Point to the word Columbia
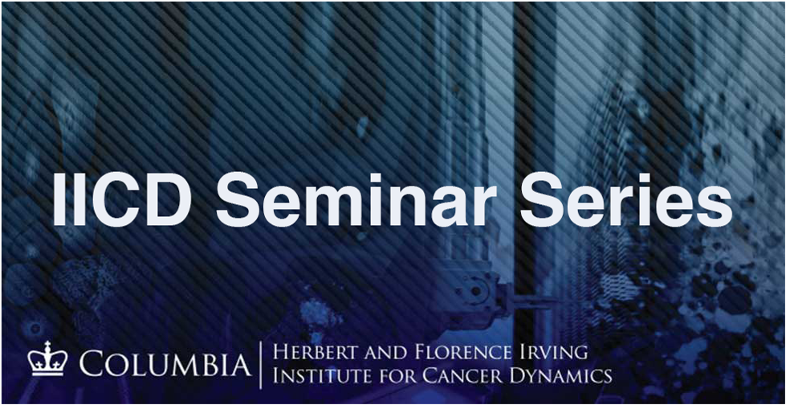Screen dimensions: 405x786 pyautogui.click(x=164, y=364)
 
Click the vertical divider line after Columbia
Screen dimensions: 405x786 pyautogui.click(x=261, y=363)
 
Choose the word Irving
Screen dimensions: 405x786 pyautogui.click(x=555, y=352)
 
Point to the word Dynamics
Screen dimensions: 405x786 pyautogui.click(x=561, y=375)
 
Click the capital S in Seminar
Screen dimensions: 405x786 pyautogui.click(x=238, y=198)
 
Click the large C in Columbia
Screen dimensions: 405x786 pyautogui.click(x=92, y=364)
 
